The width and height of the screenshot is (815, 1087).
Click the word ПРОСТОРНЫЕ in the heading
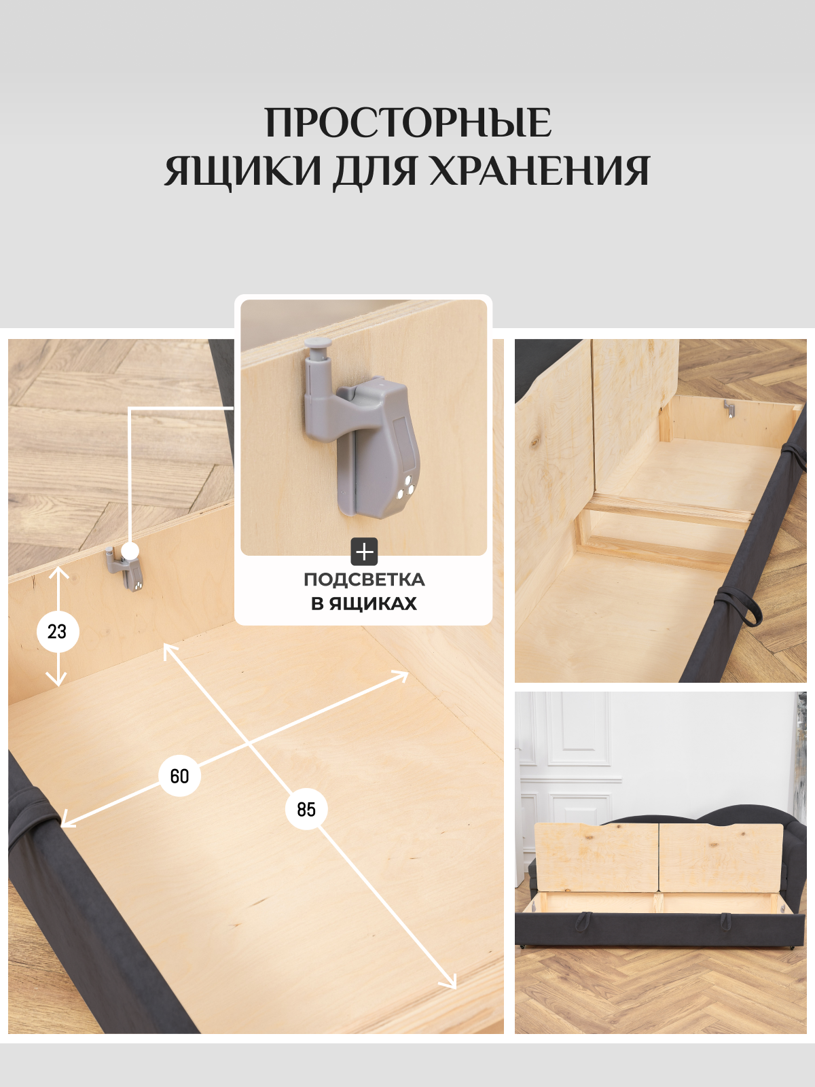[x=407, y=123]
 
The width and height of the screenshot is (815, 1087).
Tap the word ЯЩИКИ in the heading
[x=242, y=171]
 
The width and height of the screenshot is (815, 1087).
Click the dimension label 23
[x=57, y=631]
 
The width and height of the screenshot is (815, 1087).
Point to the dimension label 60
[x=179, y=776]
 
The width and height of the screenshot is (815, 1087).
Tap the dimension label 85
[x=306, y=809]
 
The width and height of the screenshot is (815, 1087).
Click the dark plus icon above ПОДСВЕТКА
[x=364, y=552]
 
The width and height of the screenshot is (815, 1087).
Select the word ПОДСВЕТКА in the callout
[x=364, y=580]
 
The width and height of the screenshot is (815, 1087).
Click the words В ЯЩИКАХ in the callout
[x=364, y=603]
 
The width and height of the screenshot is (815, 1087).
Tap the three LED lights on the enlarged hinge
[x=405, y=488]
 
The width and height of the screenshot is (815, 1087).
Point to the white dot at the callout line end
[x=130, y=551]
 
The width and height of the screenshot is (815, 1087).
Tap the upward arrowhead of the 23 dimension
[x=58, y=572]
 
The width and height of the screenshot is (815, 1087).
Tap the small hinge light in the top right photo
[x=729, y=409]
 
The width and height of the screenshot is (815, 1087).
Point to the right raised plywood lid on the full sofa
[x=720, y=857]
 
